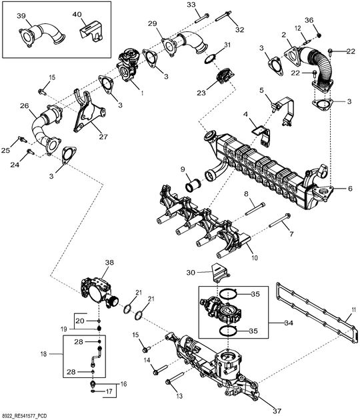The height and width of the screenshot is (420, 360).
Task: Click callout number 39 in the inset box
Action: (x=21, y=15)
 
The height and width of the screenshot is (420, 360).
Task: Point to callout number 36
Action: (x=309, y=20)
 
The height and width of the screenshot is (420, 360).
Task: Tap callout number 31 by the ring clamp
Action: (x=227, y=45)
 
